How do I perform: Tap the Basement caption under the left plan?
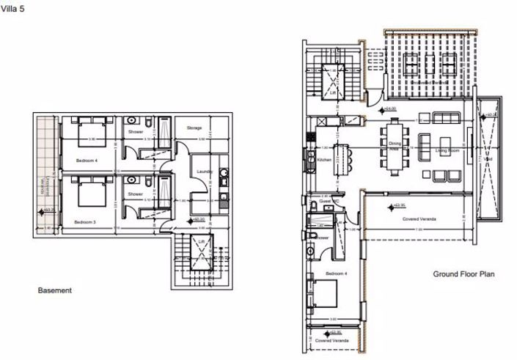pos(55,291)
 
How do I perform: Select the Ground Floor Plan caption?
pos(463,275)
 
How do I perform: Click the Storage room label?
pos(194,128)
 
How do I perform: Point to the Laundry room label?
pos(205,172)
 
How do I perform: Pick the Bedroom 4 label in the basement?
pos(88,159)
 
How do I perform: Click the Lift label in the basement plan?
pos(201,240)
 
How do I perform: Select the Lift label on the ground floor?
pos(333,93)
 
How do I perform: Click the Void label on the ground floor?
pos(488,157)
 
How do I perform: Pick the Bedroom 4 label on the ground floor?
pos(320,274)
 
